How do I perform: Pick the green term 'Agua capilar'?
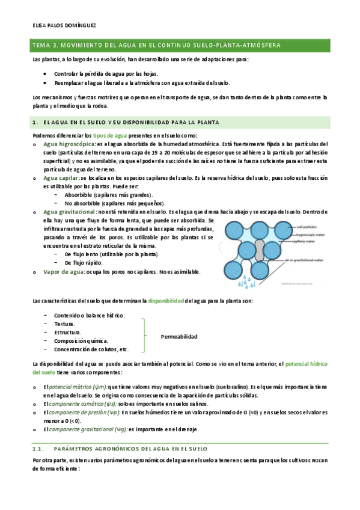tap(61, 178)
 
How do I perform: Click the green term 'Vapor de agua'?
tap(63, 272)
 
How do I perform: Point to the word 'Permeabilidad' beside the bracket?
tap(179, 336)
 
